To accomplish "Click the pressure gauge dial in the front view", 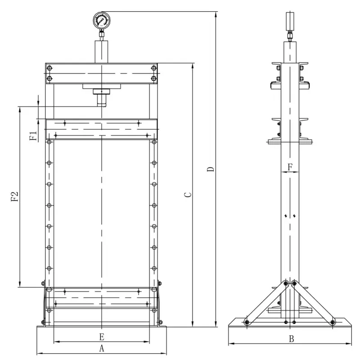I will (102, 20).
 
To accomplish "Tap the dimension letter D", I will (210, 170).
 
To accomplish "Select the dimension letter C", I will (189, 195).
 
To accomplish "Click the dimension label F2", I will (14, 196).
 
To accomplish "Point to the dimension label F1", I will (33, 136).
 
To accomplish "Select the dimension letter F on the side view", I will (290, 166).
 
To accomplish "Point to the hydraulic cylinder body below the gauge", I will (102, 52).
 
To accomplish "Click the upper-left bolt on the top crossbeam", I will (49, 69).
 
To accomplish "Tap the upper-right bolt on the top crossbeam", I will (154, 69).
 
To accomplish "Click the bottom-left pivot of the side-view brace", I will (247, 321).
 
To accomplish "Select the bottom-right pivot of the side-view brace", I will (333, 321).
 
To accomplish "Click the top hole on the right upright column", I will (154, 142).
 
